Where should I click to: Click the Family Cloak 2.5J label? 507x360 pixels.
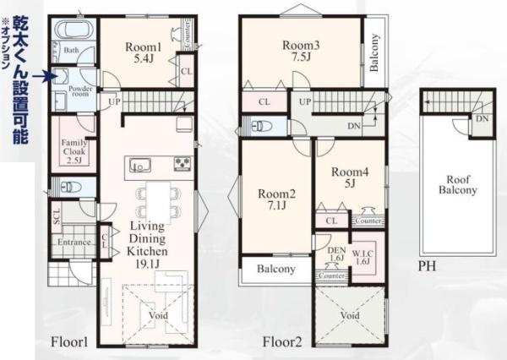point(72,150)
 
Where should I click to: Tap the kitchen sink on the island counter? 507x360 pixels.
point(139,163)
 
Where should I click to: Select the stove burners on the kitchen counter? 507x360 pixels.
point(183,163)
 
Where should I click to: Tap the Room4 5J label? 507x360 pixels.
point(348,176)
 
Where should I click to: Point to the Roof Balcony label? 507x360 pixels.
point(457,184)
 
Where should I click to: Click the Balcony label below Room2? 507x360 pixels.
point(275,270)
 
